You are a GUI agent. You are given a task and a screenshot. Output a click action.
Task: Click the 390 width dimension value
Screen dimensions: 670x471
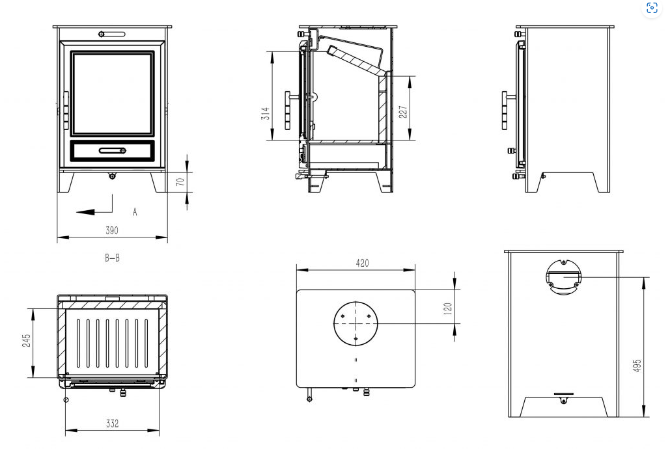point(112,230)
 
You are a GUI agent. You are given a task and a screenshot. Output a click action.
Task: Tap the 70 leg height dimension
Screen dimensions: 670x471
point(180,182)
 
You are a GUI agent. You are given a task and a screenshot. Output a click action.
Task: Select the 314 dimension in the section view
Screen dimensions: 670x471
point(266,114)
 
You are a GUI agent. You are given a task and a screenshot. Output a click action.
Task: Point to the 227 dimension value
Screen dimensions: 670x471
point(403,112)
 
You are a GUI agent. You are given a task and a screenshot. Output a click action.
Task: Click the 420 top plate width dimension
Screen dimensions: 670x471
point(362,263)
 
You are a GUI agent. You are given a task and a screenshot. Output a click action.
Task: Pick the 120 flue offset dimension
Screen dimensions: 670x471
point(448,309)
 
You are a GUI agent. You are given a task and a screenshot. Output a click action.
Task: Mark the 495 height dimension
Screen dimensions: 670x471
point(637,366)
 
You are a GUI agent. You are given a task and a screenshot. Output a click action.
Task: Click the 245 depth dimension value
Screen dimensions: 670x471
point(27,340)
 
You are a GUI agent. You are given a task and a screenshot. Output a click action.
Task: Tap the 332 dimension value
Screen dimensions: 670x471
point(112,424)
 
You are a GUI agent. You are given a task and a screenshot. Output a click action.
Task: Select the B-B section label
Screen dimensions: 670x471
point(113,258)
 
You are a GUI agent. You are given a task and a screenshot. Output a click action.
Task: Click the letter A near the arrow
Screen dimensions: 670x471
point(135,212)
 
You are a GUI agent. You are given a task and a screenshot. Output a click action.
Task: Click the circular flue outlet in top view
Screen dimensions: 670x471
point(356,323)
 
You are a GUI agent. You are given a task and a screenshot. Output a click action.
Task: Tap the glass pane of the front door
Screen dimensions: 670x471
point(113,94)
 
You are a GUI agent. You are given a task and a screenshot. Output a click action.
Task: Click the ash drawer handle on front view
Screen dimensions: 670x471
point(113,150)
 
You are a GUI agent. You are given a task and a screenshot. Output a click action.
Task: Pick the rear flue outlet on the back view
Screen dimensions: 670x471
point(563,277)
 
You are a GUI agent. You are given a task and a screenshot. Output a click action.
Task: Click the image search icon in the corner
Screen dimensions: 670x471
point(652,8)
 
